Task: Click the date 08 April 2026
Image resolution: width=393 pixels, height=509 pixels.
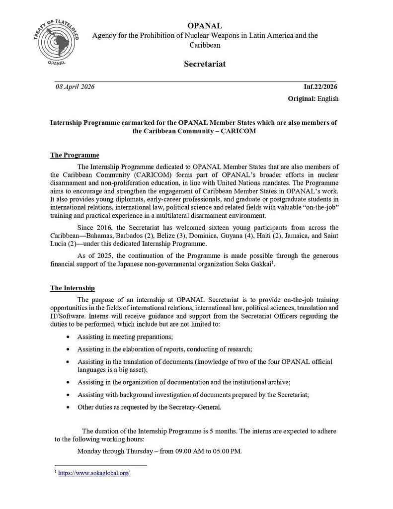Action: point(75,87)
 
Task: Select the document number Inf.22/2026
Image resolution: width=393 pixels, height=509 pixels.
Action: point(321,87)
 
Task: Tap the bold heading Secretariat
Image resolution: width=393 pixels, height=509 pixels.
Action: point(205,64)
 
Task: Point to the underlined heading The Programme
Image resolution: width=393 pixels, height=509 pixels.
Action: point(75,156)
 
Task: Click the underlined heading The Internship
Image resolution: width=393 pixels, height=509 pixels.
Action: point(73,288)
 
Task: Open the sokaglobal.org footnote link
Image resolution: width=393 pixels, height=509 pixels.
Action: point(94,474)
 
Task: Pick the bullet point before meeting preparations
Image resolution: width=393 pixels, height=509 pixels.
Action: point(68,337)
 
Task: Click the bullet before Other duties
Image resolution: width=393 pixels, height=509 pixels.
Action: point(68,407)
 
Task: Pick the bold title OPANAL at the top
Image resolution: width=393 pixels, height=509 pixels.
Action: point(205,25)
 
